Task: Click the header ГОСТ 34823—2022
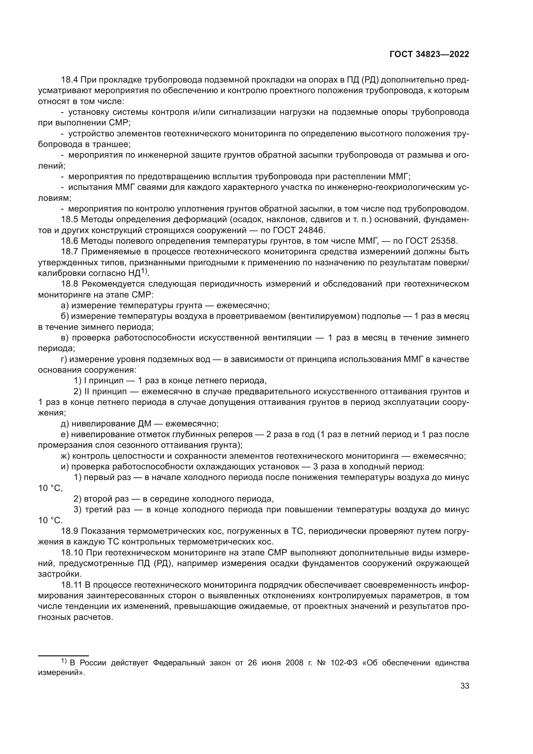click(x=429, y=54)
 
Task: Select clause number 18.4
click(x=69, y=80)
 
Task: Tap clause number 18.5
click(x=69, y=220)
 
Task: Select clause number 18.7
click(x=69, y=252)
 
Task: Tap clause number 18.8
click(x=69, y=284)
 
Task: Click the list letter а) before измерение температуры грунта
click(x=65, y=306)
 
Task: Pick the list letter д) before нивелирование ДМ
click(x=65, y=424)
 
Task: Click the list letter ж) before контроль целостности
click(x=65, y=456)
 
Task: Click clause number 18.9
click(x=69, y=531)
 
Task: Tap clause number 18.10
click(x=71, y=553)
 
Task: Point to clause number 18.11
click(x=71, y=585)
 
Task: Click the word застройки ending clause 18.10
click(x=59, y=574)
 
